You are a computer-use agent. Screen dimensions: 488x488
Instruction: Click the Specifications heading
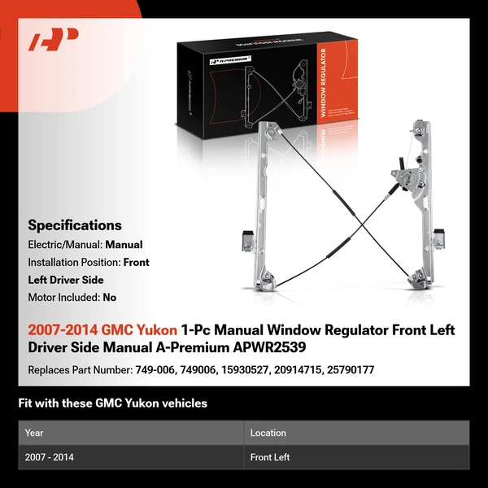pos(75,225)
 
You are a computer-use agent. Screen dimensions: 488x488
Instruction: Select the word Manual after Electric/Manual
pos(123,245)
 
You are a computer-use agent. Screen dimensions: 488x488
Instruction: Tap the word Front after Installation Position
pos(136,263)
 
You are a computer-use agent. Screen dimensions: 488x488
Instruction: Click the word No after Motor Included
pos(110,298)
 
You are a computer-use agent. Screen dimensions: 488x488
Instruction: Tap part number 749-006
pos(152,370)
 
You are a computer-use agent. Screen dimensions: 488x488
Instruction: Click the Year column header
pos(34,434)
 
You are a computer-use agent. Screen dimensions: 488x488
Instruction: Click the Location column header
pos(268,434)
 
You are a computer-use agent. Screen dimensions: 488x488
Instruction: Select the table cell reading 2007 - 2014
pos(50,457)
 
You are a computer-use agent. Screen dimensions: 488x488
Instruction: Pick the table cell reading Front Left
pos(270,457)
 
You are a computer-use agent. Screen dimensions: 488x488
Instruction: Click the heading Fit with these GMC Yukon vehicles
pos(112,403)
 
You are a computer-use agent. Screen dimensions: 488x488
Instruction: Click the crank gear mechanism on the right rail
pos(406,176)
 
